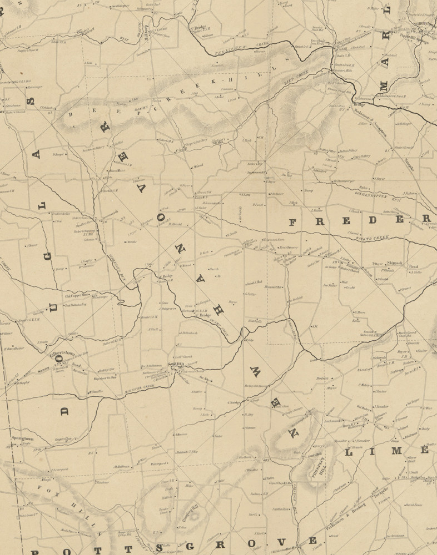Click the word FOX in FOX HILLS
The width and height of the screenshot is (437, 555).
pyautogui.click(x=54, y=489)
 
